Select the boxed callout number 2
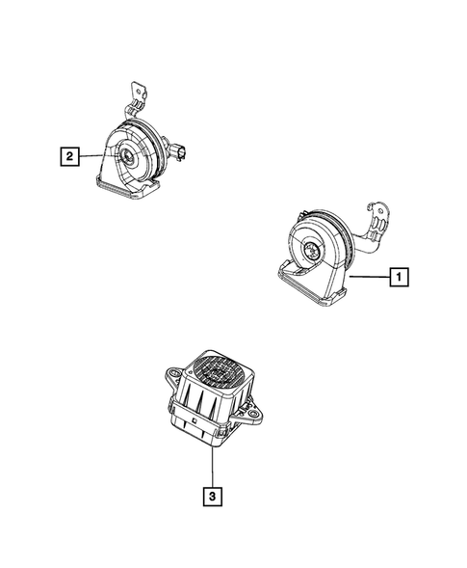68,154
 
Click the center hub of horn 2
127,156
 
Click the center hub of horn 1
314,252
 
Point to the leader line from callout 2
91,154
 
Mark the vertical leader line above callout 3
209,463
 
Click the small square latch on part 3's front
195,421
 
